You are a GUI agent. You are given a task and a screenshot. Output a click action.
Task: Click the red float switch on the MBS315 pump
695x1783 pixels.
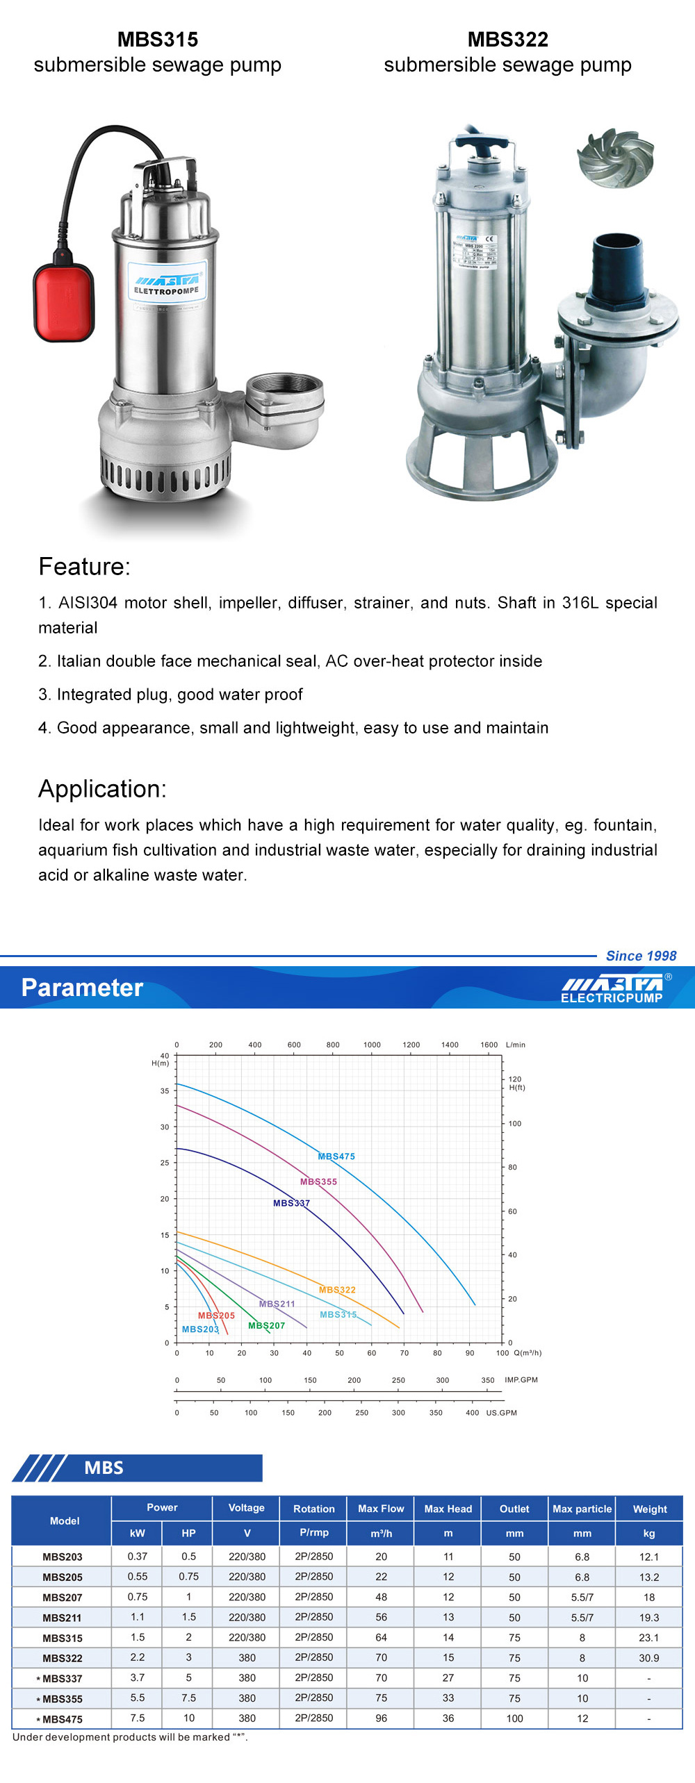[x=63, y=303]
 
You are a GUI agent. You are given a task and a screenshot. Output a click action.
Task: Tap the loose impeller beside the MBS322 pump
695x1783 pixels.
[x=615, y=157]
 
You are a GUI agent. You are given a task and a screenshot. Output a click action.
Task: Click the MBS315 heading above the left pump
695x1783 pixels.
[x=158, y=40]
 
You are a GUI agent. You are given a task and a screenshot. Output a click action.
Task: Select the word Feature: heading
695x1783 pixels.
[x=84, y=567]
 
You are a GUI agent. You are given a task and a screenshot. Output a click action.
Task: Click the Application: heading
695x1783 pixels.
[x=102, y=789]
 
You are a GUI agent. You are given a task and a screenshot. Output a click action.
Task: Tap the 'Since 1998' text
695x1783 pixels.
[x=641, y=956]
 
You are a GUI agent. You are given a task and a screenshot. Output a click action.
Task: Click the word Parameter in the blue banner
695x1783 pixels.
[x=82, y=988]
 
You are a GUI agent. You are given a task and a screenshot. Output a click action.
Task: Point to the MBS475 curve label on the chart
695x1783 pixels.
[x=336, y=1156]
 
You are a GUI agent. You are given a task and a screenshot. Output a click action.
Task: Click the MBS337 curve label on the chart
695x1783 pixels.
[x=291, y=1203]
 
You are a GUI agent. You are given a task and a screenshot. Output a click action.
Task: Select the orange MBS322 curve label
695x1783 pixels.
[x=337, y=1290]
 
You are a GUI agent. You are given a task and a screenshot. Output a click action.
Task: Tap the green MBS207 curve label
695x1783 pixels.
[x=266, y=1325]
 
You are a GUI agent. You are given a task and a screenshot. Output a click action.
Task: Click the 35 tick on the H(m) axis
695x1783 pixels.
[x=165, y=1090]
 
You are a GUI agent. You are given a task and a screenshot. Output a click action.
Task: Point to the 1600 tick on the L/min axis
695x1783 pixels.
[x=489, y=1045]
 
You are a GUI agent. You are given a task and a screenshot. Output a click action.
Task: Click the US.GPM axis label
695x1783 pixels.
[x=501, y=1413]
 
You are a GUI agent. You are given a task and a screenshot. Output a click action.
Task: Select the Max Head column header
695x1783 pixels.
[x=448, y=1509]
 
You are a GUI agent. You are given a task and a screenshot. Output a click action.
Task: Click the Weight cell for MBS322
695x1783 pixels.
[x=648, y=1658]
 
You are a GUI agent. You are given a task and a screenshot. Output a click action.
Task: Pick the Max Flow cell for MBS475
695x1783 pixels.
[x=381, y=1718]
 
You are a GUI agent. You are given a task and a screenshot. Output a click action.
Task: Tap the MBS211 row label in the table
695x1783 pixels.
[x=63, y=1618]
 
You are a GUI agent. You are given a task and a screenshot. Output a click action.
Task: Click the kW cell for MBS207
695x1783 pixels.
[x=138, y=1597]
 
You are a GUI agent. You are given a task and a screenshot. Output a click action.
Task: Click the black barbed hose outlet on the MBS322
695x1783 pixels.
[x=617, y=267]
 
